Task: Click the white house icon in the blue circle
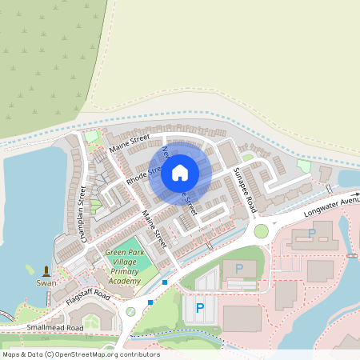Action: click(x=180, y=172)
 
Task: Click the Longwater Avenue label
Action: click(x=332, y=210)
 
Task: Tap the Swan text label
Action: click(x=46, y=282)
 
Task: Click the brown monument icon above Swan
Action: click(x=46, y=270)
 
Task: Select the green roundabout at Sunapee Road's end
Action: click(x=262, y=231)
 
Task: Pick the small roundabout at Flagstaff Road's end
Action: click(x=130, y=312)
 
